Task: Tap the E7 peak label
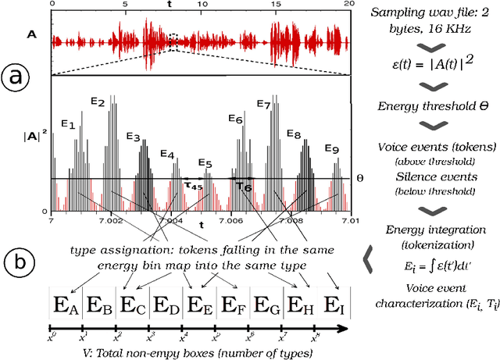pyautogui.click(x=263, y=105)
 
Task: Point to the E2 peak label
pyautogui.click(x=98, y=102)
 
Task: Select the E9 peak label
pyautogui.click(x=331, y=149)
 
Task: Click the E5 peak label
pyautogui.click(x=205, y=163)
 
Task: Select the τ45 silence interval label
pyautogui.click(x=192, y=185)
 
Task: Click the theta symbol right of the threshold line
pyautogui.click(x=360, y=178)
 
